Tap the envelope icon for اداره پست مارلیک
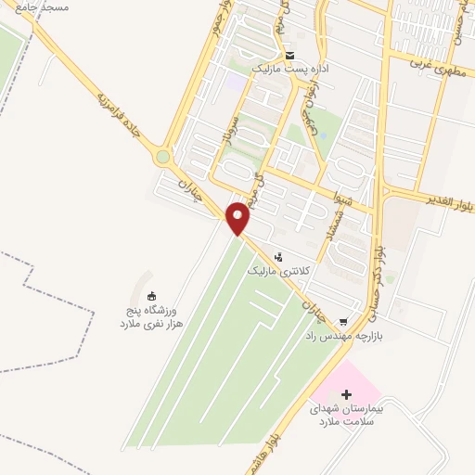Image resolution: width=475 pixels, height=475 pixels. pos(289,55)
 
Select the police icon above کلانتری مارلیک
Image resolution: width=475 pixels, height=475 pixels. pos(278,256)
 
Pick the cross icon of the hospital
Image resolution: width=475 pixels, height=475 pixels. pos(346,395)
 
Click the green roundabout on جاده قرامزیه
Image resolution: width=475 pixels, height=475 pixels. pos(165,158)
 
